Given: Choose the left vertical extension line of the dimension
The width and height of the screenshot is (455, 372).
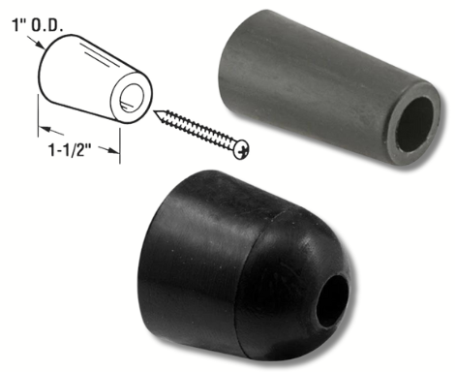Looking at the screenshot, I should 39,131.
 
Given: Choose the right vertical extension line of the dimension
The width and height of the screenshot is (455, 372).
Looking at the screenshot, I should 121,140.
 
